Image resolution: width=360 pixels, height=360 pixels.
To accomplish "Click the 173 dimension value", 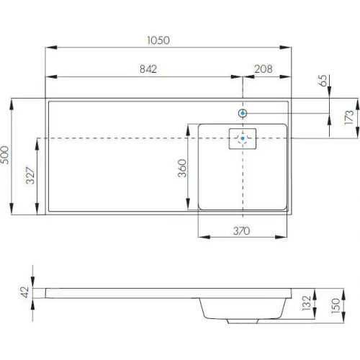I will tap(348, 117).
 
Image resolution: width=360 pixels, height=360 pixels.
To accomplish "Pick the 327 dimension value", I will tap(29, 176).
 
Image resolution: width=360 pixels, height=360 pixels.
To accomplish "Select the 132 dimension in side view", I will tap(306, 302).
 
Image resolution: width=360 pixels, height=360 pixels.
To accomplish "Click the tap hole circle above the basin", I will tap(243, 113).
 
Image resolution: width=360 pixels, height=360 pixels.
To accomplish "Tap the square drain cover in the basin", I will tap(243, 138).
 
